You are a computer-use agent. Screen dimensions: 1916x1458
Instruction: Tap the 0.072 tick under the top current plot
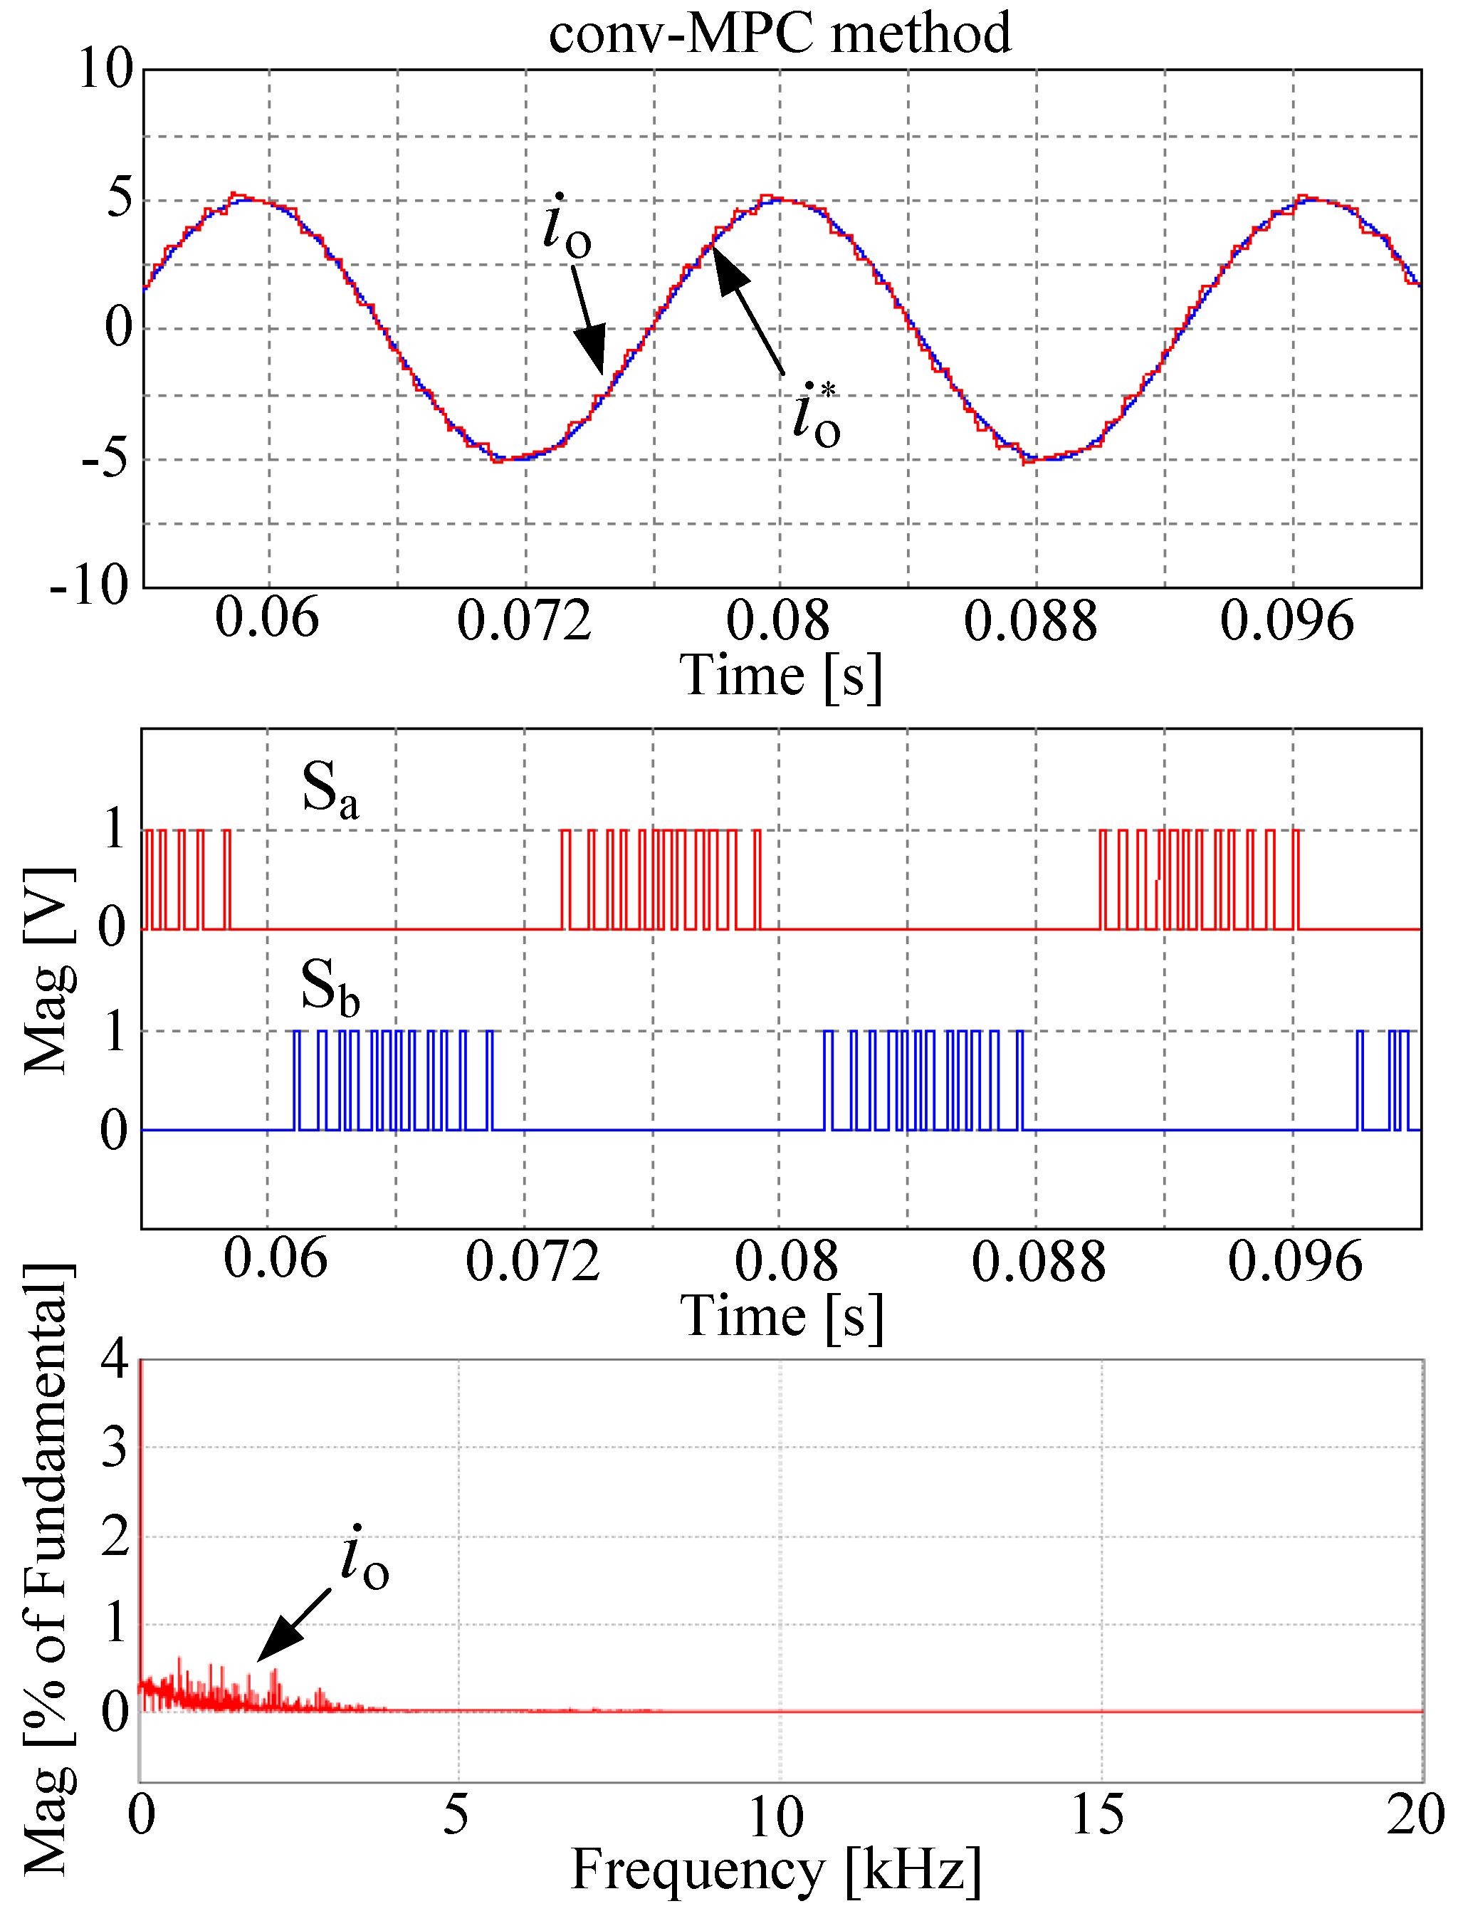point(523,622)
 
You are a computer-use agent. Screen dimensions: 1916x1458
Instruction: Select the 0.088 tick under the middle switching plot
point(1038,1263)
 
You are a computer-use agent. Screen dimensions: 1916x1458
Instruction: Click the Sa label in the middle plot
point(329,789)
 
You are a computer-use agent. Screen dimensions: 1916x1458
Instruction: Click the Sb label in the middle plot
point(329,987)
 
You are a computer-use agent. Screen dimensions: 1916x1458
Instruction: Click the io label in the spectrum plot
point(364,1559)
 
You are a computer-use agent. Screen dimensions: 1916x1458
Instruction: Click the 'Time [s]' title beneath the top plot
point(780,676)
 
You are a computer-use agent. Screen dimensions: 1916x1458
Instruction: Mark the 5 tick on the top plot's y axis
point(120,199)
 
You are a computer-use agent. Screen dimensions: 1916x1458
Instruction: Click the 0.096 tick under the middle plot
point(1294,1263)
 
